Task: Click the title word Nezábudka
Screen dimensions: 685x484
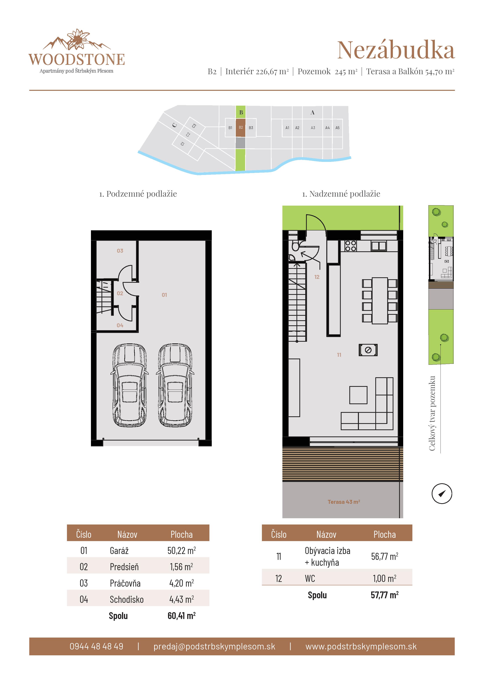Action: click(x=396, y=50)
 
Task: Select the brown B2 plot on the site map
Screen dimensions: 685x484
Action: click(x=241, y=128)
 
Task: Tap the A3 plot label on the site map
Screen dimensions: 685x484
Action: click(x=313, y=128)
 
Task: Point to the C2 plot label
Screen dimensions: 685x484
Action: click(x=188, y=135)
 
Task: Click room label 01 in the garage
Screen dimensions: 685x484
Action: click(x=164, y=295)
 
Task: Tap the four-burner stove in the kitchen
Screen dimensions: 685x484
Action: click(x=350, y=246)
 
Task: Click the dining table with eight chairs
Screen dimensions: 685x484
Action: click(x=380, y=301)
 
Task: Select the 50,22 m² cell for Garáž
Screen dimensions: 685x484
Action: click(x=181, y=550)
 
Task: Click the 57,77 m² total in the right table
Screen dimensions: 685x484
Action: click(x=384, y=595)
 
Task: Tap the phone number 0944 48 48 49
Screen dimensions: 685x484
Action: click(x=96, y=646)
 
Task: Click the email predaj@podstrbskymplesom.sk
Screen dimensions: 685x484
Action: click(x=214, y=646)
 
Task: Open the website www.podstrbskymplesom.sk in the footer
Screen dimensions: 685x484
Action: click(x=361, y=646)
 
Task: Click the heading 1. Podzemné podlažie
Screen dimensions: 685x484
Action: click(x=138, y=194)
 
